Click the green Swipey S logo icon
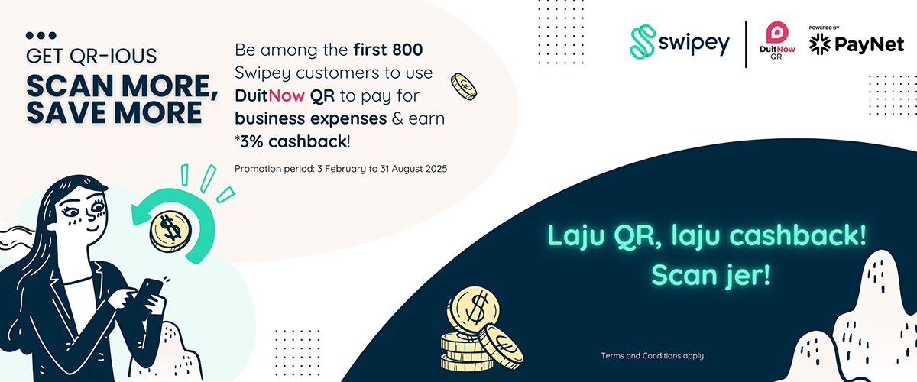(643, 42)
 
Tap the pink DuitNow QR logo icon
(777, 32)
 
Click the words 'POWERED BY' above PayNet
(824, 28)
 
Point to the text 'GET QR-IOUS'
(91, 56)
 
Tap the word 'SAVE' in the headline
(66, 113)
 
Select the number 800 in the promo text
(407, 50)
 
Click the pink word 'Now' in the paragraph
(287, 95)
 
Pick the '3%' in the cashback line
(251, 141)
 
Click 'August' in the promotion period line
(407, 169)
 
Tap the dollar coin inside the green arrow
(171, 231)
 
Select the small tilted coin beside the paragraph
(464, 87)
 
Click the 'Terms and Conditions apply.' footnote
(653, 356)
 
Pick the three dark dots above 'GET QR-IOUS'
(41, 36)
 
